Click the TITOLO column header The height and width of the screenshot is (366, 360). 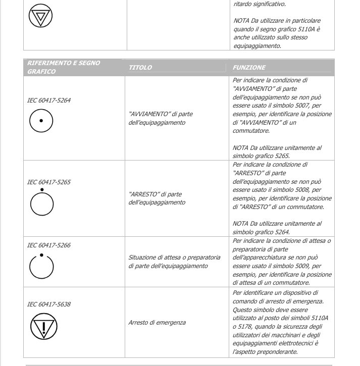point(140,68)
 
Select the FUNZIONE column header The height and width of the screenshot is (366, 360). point(249,68)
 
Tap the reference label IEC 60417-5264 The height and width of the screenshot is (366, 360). point(49,100)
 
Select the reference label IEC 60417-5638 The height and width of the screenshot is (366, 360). point(49,305)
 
